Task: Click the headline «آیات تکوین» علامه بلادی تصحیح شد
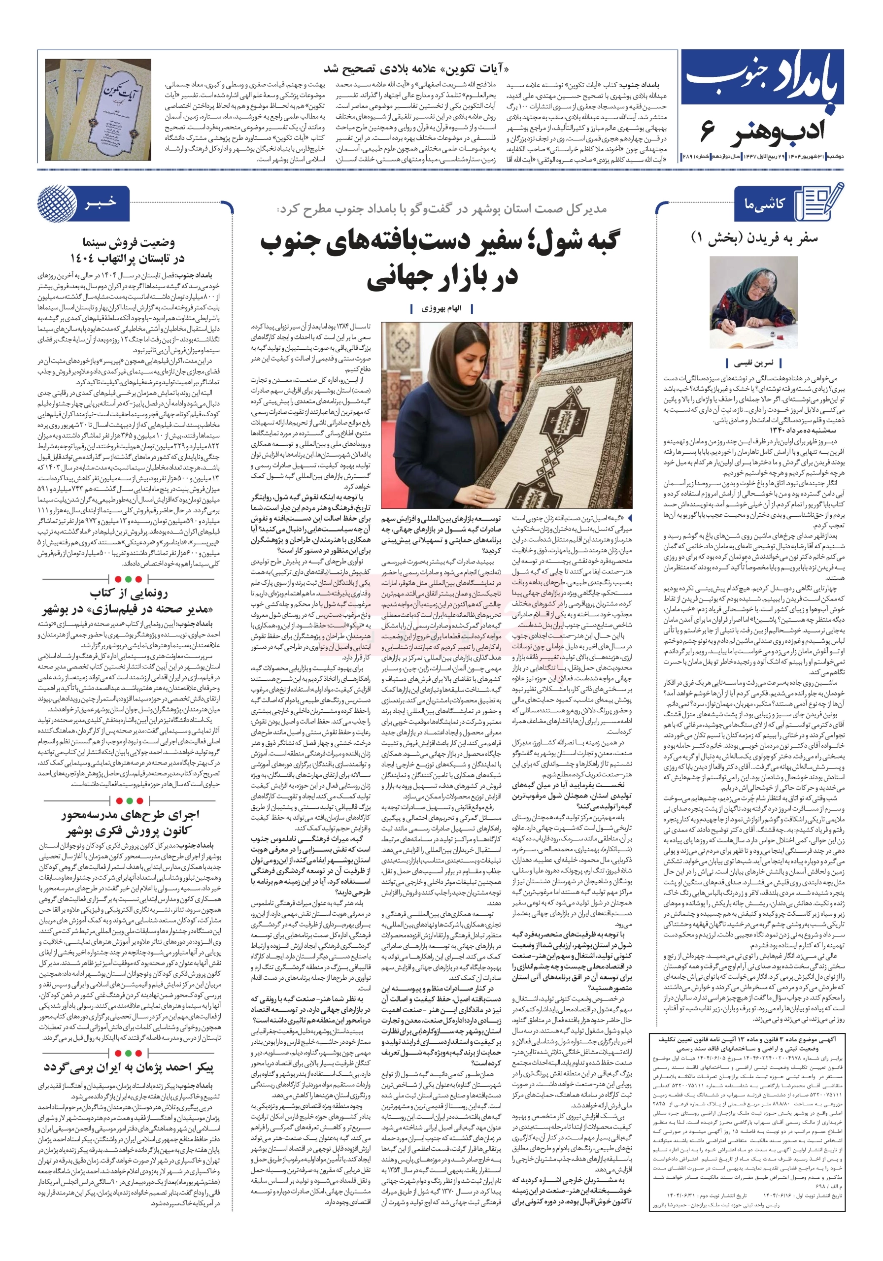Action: click(x=415, y=69)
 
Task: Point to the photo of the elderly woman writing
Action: click(x=753, y=302)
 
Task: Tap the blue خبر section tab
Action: click(x=101, y=202)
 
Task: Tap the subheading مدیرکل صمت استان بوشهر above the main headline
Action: click(x=442, y=209)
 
